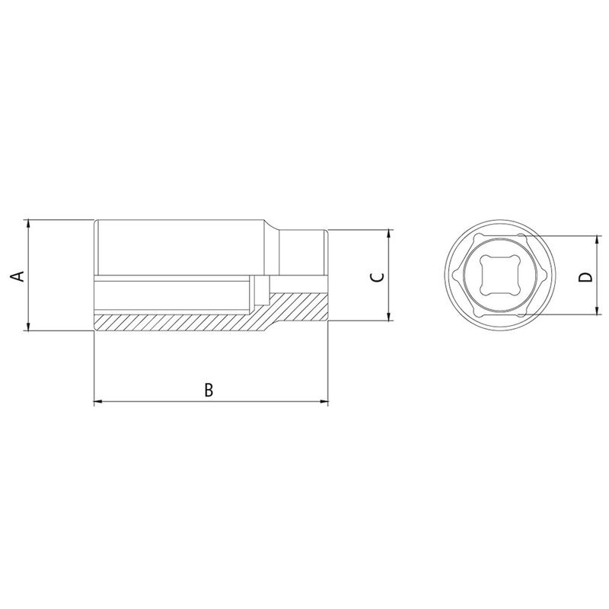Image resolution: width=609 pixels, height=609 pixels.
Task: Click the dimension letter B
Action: click(x=209, y=389)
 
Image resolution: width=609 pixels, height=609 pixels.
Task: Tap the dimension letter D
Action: click(x=584, y=276)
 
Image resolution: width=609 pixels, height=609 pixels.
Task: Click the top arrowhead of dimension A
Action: click(x=28, y=223)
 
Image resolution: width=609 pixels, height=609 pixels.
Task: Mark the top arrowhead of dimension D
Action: click(x=598, y=238)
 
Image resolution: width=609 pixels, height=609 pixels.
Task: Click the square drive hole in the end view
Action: click(x=498, y=276)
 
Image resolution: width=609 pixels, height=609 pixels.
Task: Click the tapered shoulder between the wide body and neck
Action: click(x=272, y=228)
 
